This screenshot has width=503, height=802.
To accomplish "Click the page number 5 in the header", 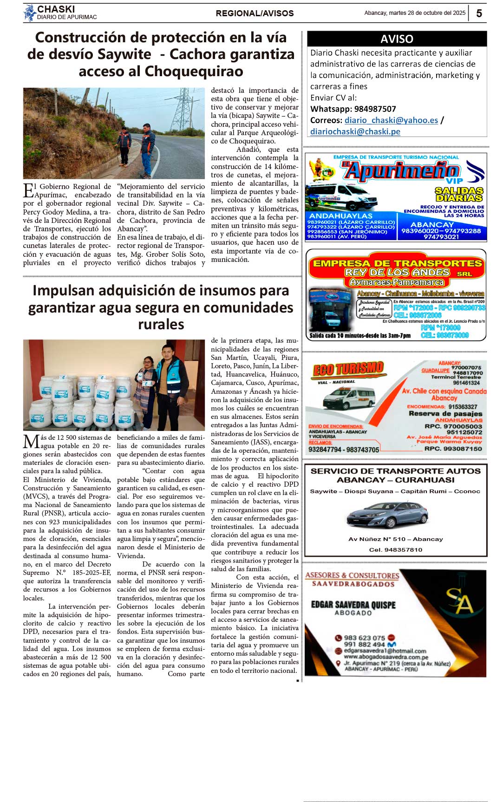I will point(479,13).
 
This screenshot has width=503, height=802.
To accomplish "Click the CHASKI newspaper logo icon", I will point(30,13).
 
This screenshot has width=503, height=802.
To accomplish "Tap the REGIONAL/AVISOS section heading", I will point(255,13).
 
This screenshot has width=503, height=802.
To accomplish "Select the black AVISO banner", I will point(397,39).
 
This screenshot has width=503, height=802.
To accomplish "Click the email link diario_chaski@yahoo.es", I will point(391,120).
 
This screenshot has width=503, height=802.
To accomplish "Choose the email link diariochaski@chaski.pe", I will point(355,131).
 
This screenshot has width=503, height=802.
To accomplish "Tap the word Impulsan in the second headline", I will point(62,291).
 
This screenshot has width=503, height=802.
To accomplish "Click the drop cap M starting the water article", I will point(31,442).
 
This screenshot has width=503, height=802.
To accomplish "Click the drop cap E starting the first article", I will point(28,190).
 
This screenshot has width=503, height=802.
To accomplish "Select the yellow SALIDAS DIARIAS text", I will point(459,194).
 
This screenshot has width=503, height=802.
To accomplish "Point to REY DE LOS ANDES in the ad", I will point(397,272).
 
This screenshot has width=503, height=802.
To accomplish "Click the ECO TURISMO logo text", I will point(348,370).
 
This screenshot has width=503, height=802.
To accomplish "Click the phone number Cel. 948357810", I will point(396,550).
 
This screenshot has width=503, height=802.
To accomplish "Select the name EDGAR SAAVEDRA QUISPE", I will point(353,605).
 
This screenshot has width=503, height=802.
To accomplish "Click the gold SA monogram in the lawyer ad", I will point(459,602).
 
